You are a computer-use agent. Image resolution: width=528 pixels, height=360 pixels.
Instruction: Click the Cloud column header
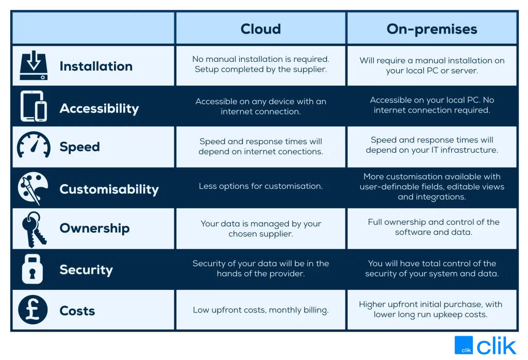coord(260,29)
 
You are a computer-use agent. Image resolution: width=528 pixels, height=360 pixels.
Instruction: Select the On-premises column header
coord(432,29)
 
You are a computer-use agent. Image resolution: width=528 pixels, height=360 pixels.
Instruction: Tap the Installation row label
coord(96,66)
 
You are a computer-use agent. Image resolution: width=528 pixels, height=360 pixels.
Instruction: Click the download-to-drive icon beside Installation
coord(34,66)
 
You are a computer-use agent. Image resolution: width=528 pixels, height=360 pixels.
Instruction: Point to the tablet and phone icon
coord(34,107)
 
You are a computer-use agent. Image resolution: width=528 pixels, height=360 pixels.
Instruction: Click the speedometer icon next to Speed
coord(34,146)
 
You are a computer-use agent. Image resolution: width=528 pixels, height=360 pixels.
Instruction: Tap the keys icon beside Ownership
coord(32,228)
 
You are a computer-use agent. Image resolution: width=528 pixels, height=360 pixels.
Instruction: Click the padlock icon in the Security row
coord(32,269)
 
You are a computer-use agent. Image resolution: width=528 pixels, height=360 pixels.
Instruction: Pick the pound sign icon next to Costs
coord(33,310)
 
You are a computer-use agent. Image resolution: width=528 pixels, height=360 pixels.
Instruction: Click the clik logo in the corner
coord(485,346)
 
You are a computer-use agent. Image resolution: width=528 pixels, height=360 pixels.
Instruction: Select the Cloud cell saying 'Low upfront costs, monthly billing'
coord(260,310)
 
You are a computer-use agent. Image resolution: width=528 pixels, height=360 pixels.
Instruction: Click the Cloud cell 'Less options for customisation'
coord(260,186)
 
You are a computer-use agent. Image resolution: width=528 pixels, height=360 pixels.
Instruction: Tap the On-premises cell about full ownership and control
coord(433,227)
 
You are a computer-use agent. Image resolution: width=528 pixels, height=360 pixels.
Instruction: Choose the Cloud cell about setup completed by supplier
coord(260,64)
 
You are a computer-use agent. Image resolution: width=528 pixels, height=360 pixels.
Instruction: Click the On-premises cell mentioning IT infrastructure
coord(432,145)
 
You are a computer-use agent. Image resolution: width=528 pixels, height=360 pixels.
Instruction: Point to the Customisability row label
coord(109,189)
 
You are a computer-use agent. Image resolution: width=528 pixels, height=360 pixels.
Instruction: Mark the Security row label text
coord(86,270)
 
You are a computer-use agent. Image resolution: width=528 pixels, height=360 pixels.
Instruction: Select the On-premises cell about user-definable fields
coord(432,187)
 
